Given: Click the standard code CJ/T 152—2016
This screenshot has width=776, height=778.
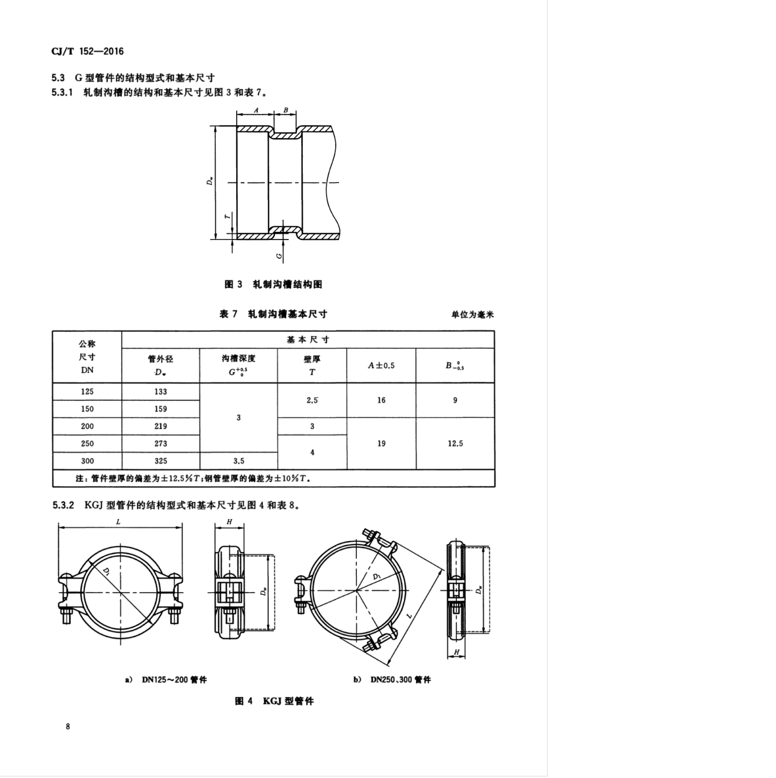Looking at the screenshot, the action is coord(87,51).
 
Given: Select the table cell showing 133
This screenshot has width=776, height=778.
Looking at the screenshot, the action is coord(161,391).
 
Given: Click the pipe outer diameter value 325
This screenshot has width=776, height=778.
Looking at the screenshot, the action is coord(161,461).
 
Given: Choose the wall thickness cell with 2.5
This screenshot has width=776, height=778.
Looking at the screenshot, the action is coord(312,401).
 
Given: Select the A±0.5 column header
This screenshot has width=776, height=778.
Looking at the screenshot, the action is coord(381,365).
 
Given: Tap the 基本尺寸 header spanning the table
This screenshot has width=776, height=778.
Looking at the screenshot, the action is coord(308,339).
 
